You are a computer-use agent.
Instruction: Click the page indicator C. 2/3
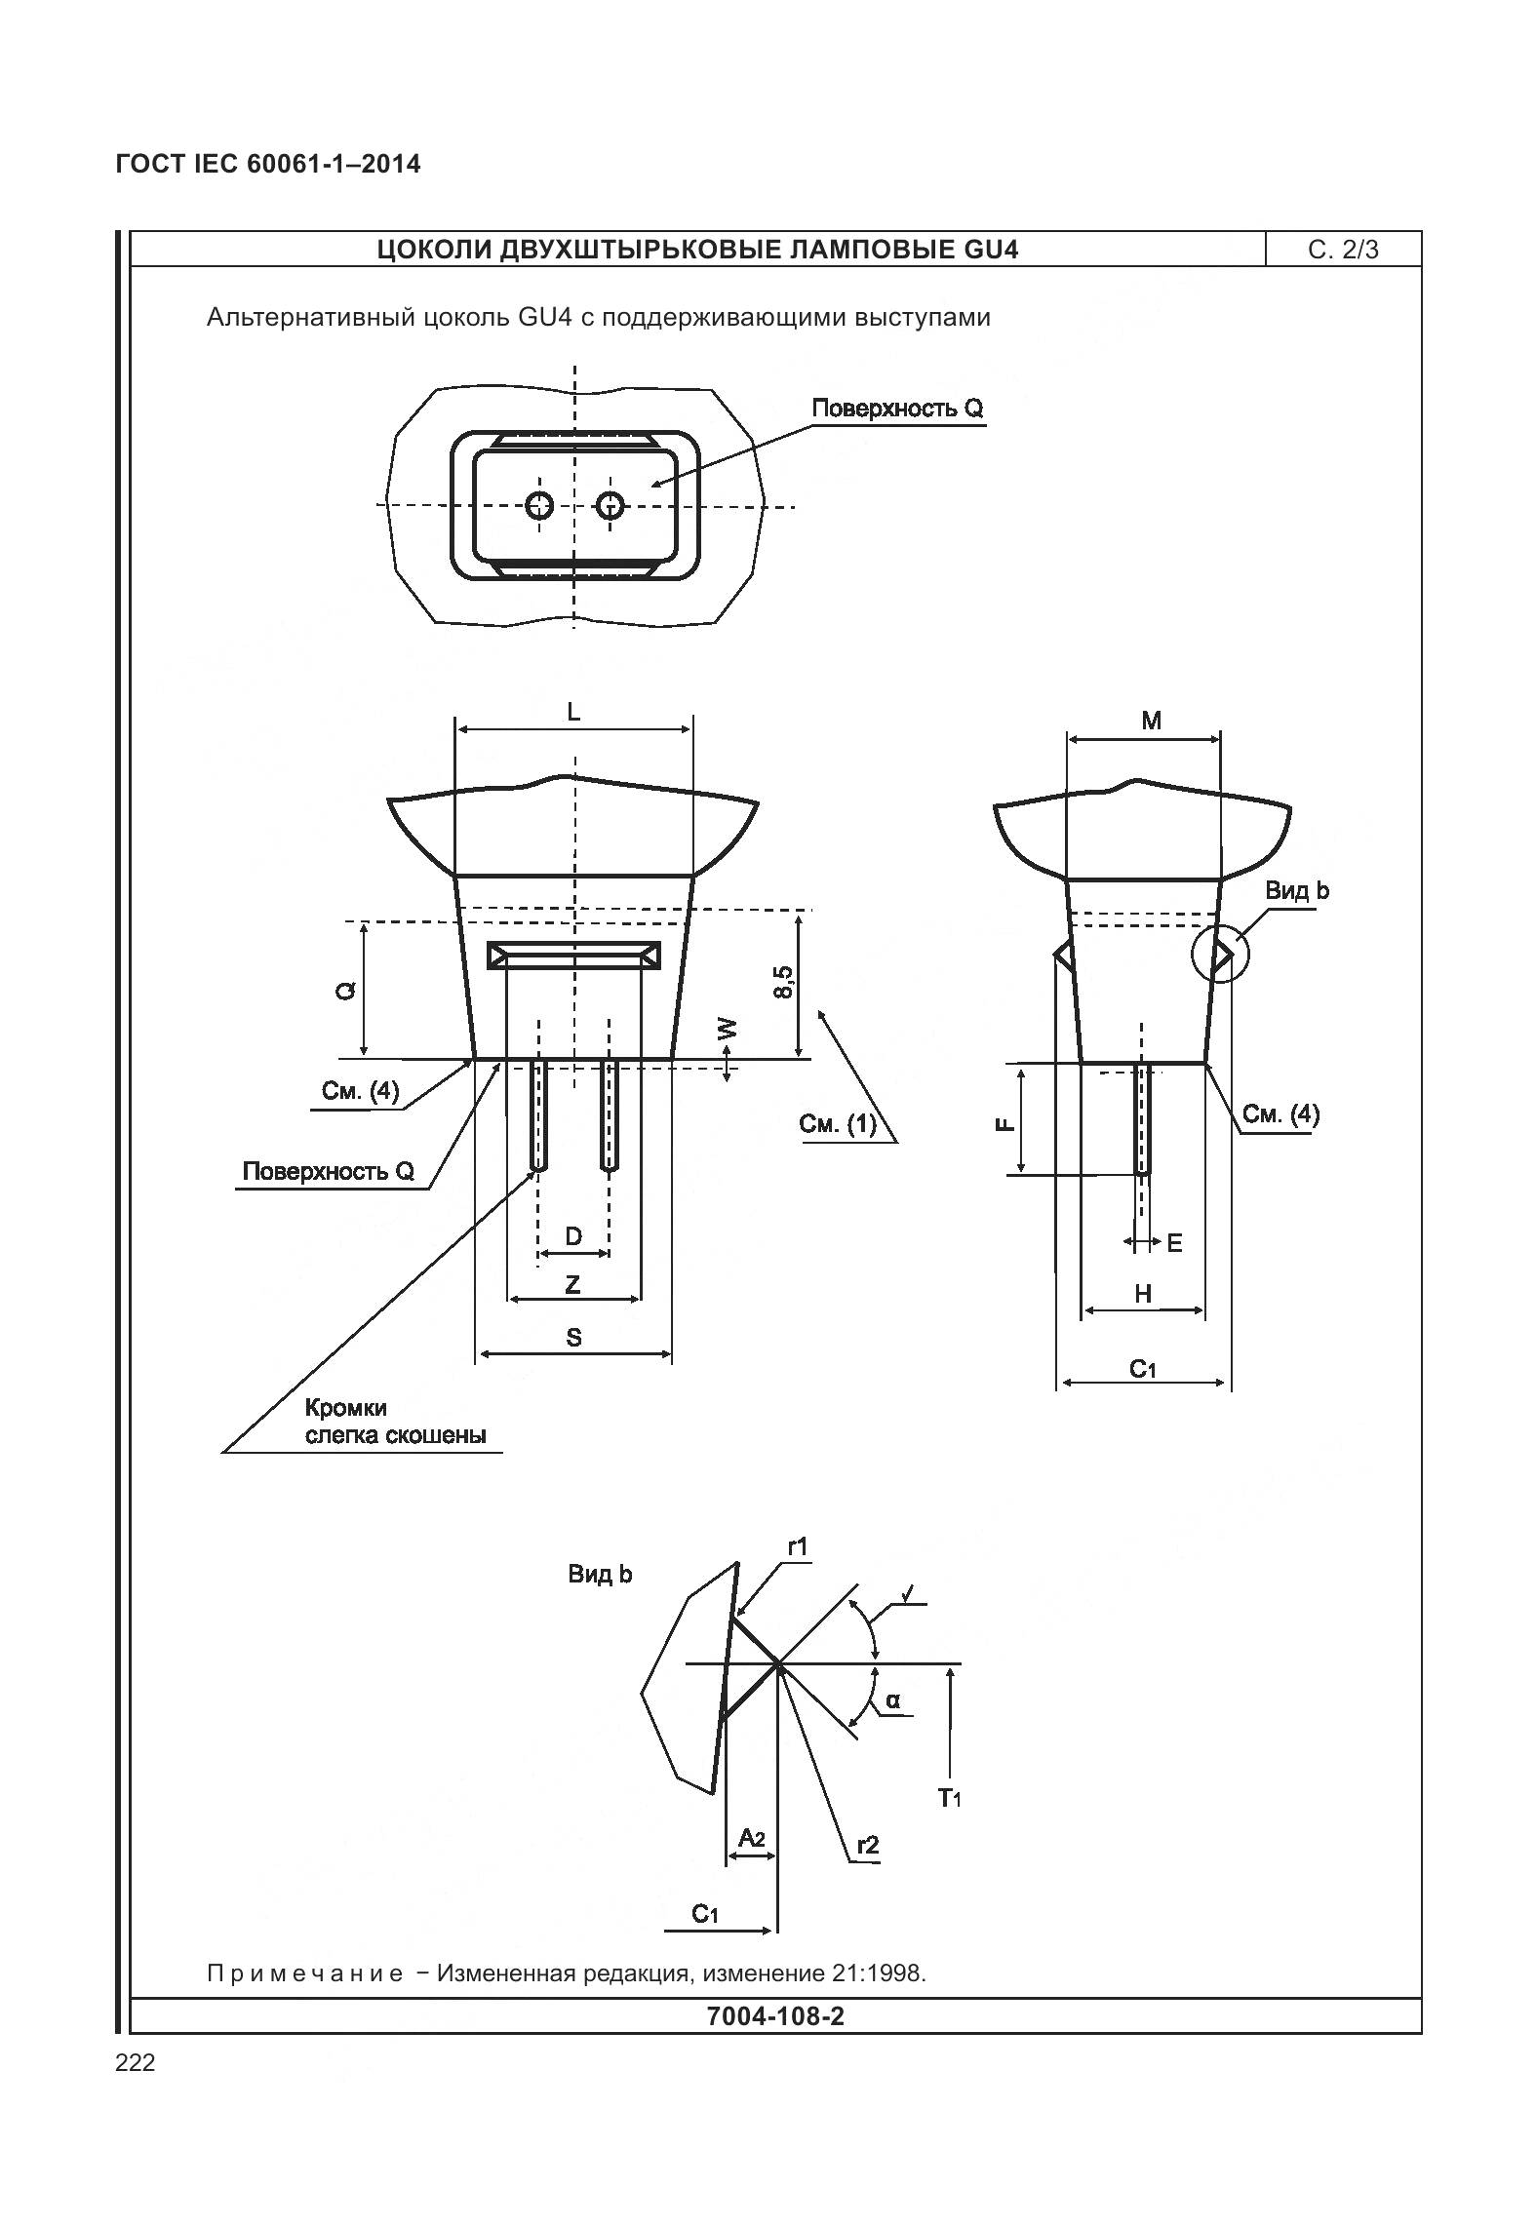[1343, 250]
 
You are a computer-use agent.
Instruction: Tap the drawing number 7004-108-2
[774, 2015]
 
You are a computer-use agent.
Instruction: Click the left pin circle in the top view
[539, 505]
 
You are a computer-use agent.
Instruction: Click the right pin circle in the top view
[610, 505]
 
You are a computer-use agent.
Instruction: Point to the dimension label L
[573, 712]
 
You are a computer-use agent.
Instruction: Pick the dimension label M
[1151, 721]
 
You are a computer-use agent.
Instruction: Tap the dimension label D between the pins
[573, 1236]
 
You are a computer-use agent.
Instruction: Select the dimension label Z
[573, 1284]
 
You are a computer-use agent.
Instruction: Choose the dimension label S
[573, 1337]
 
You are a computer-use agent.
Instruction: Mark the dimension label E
[1174, 1243]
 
